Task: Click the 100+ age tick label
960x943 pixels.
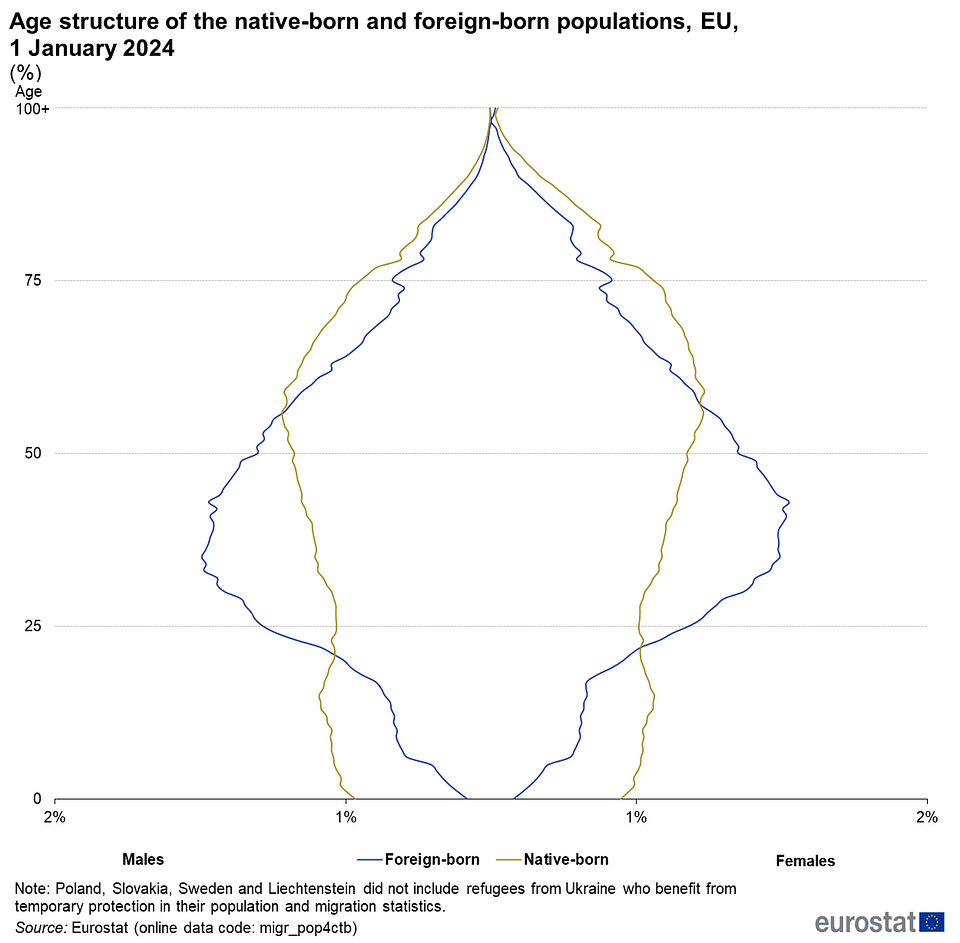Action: [x=33, y=108]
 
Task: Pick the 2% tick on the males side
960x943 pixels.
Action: [x=54, y=816]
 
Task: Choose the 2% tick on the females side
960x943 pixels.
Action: [x=927, y=816]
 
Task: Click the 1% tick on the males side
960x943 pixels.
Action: [x=345, y=816]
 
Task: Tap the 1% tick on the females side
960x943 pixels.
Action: [x=636, y=816]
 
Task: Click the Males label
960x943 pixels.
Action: [x=143, y=859]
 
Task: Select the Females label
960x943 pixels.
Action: [x=805, y=860]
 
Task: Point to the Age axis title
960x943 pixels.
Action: [x=28, y=91]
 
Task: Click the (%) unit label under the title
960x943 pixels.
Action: [x=26, y=72]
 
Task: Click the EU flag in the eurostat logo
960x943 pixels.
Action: [x=932, y=922]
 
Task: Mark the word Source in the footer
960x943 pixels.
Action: [x=39, y=927]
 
